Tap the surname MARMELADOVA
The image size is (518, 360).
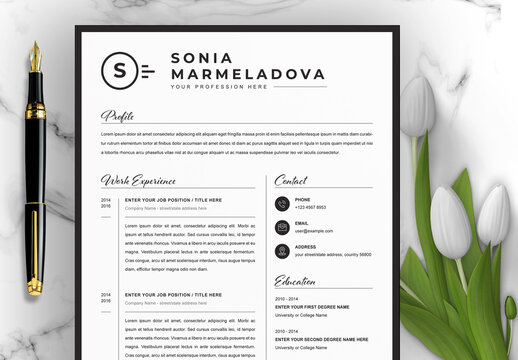point(248,74)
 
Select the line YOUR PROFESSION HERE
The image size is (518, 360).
point(219,87)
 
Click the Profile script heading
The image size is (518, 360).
point(117,115)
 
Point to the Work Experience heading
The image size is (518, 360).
point(138,180)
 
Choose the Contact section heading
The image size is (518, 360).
point(291,180)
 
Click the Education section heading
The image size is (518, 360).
point(295,281)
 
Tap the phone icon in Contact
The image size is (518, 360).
point(283,203)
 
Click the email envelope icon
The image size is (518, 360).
point(283,227)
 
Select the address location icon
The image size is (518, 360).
point(283,251)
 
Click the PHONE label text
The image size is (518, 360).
point(302,199)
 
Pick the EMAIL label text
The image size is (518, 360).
point(301,223)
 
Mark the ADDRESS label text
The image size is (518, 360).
point(305,246)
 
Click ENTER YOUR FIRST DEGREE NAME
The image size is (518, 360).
point(312,307)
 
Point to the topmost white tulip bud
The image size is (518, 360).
point(418,106)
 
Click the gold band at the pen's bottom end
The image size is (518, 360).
point(35,287)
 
